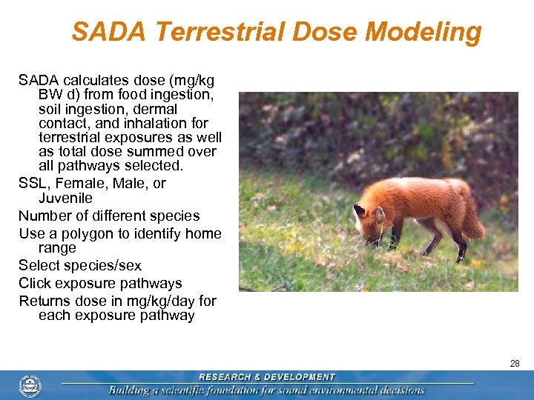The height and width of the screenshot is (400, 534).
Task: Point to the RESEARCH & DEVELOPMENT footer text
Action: click(267, 377)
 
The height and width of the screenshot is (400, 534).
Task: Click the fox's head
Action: click(369, 217)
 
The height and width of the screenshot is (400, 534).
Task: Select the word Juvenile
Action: click(65, 199)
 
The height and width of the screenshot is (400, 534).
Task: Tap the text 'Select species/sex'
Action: click(80, 265)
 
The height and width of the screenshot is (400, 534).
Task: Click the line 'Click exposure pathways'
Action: click(100, 283)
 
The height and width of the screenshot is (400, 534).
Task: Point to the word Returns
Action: click(46, 301)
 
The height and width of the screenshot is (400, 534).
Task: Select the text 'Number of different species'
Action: click(109, 216)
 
